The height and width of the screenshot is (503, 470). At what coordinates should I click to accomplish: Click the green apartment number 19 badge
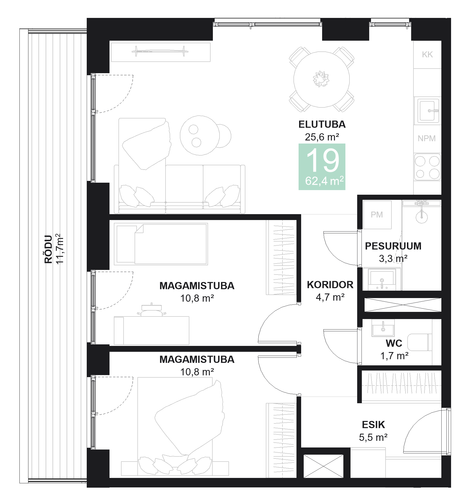pos(322,167)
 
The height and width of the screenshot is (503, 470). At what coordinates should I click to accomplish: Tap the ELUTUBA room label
pos(322,124)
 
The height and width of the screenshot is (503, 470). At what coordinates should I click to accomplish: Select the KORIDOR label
pos(330,285)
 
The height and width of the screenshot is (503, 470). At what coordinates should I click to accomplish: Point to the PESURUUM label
pos(393,246)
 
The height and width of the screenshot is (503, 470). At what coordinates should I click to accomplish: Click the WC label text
pos(394,343)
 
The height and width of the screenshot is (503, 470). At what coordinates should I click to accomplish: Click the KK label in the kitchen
pos(427,54)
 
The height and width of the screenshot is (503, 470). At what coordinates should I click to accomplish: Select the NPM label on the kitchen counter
pos(427,138)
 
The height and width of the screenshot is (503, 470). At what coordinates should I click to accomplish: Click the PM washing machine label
pos(377,215)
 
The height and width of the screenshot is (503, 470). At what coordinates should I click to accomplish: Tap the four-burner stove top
pos(427,167)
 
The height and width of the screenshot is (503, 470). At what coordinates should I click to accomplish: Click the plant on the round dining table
pos(321,79)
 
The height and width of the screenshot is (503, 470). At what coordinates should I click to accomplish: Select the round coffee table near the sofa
pos(200,135)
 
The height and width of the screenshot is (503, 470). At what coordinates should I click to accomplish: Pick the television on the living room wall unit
pos(160,51)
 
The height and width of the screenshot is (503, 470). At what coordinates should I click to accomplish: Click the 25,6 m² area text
pos(322,137)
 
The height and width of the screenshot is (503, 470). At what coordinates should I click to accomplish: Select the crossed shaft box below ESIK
pos(323,466)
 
